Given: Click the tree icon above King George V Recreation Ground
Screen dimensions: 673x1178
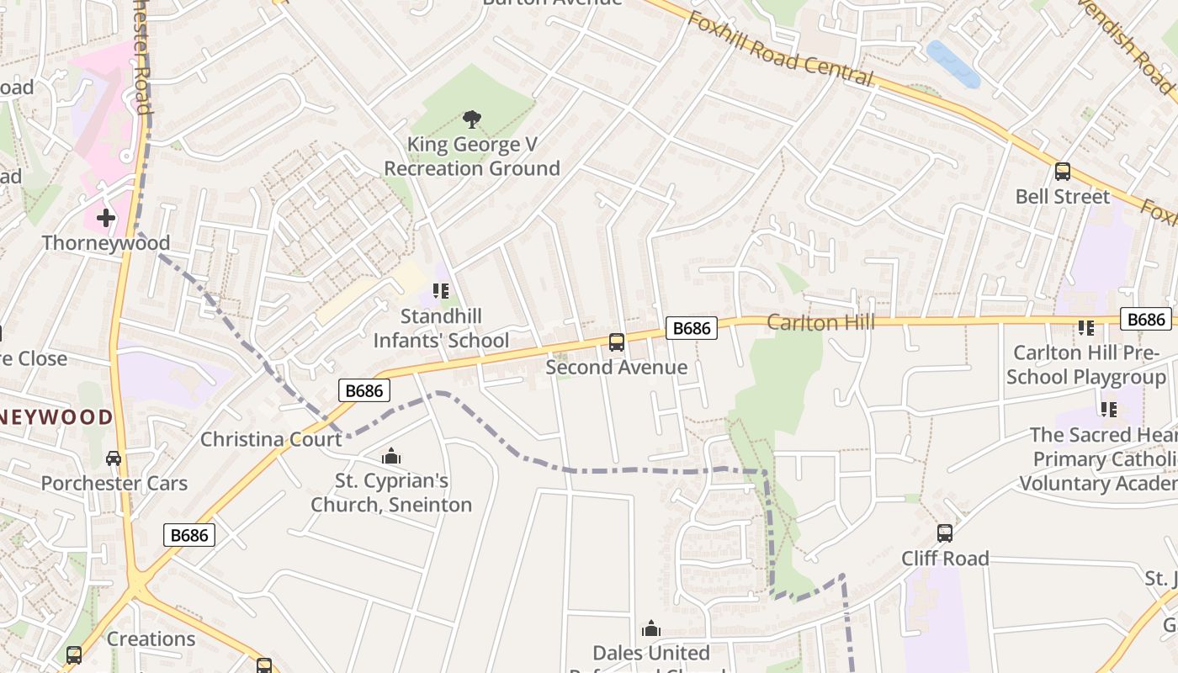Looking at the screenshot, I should pyautogui.click(x=472, y=120).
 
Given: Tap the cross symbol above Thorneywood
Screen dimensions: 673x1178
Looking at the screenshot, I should pyautogui.click(x=106, y=219).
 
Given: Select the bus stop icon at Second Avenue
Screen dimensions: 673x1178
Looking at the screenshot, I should pyautogui.click(x=617, y=342).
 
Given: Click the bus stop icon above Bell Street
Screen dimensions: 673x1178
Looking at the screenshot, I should pyautogui.click(x=1063, y=172).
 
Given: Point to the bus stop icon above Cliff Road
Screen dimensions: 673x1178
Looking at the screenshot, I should pyautogui.click(x=945, y=533).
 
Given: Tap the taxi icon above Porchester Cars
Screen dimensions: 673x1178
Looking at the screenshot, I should pyautogui.click(x=114, y=458).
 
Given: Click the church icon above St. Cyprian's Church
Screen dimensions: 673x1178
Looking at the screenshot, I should pyautogui.click(x=391, y=457).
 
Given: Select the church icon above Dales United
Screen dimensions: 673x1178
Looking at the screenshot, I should pyautogui.click(x=651, y=628).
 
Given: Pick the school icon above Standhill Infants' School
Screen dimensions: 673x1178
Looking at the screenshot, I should pyautogui.click(x=440, y=292).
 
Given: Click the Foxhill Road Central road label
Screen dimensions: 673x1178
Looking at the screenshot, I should pyautogui.click(x=780, y=49).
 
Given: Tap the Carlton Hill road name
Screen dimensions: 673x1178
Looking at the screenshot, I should pyautogui.click(x=820, y=322).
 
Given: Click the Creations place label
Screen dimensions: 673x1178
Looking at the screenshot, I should pyautogui.click(x=151, y=639).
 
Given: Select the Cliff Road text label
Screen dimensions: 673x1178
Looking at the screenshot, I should pyautogui.click(x=945, y=559).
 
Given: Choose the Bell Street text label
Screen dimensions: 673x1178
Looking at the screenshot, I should pyautogui.click(x=1063, y=197).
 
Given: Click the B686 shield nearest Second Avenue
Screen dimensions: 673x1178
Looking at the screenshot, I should pyautogui.click(x=692, y=328).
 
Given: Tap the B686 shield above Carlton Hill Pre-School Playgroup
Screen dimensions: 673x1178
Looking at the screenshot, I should pyautogui.click(x=1146, y=319).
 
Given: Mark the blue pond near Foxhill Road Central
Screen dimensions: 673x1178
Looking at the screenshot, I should pyautogui.click(x=953, y=64).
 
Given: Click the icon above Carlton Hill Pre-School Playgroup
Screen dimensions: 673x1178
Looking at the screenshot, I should pyautogui.click(x=1086, y=328).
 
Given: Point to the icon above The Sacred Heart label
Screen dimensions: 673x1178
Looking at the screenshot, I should pyautogui.click(x=1108, y=410).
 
